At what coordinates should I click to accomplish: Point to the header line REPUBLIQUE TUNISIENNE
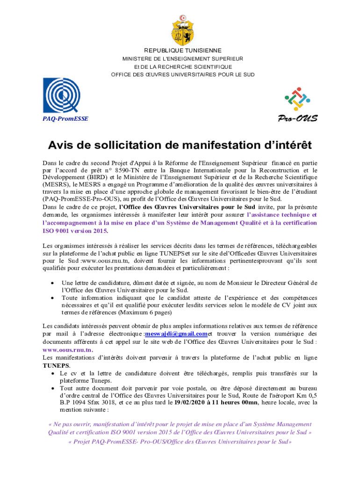coord(183,51)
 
